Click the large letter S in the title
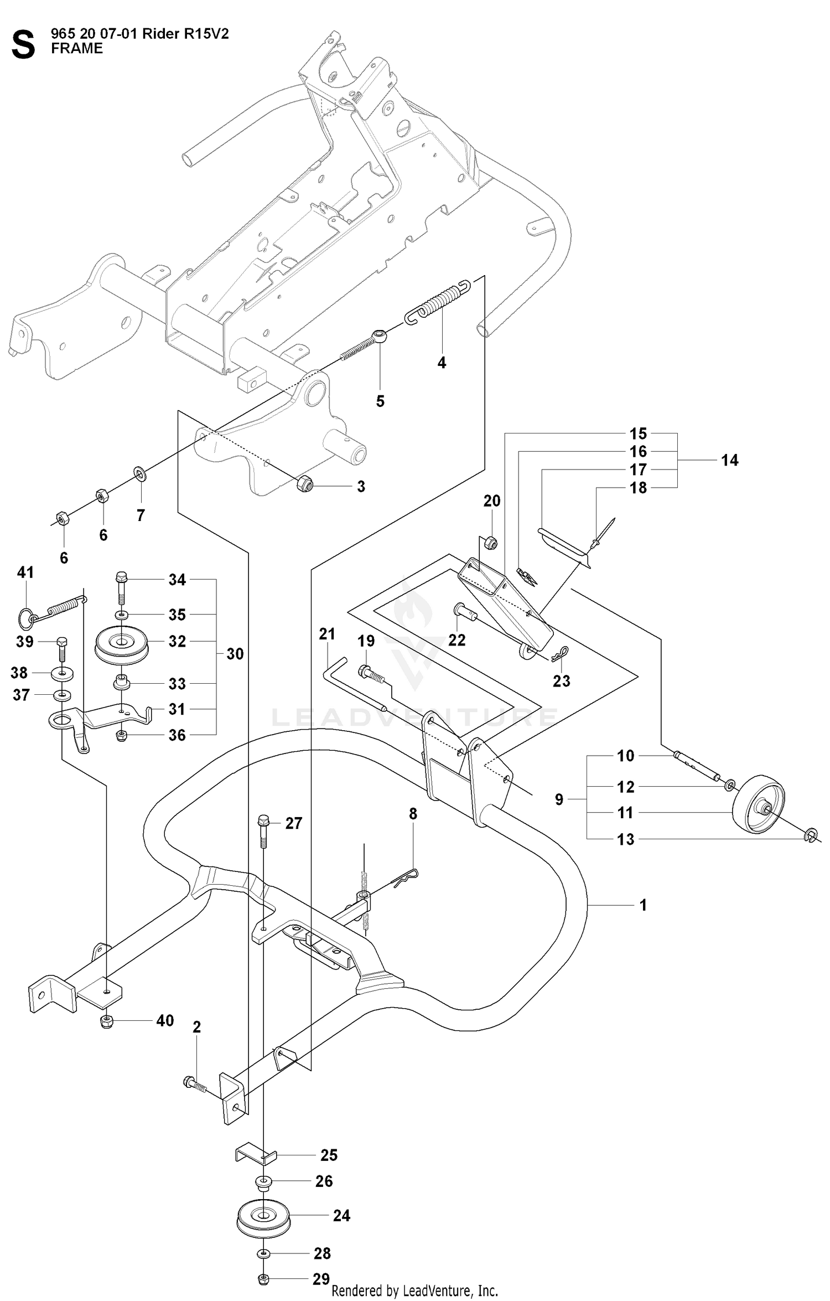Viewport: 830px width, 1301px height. [23, 45]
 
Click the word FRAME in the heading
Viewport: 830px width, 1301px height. [77, 49]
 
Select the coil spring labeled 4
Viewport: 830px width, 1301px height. [438, 303]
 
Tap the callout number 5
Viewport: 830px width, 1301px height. [380, 401]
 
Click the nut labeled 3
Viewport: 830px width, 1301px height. [305, 483]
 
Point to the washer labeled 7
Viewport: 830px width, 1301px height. [139, 474]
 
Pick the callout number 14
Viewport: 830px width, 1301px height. [729, 460]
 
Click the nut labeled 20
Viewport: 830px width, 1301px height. [490, 543]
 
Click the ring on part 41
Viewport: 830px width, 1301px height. [25, 618]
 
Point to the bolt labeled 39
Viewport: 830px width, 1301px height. [62, 650]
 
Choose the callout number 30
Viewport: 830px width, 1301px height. [235, 654]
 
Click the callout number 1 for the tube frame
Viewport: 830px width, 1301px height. [643, 905]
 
